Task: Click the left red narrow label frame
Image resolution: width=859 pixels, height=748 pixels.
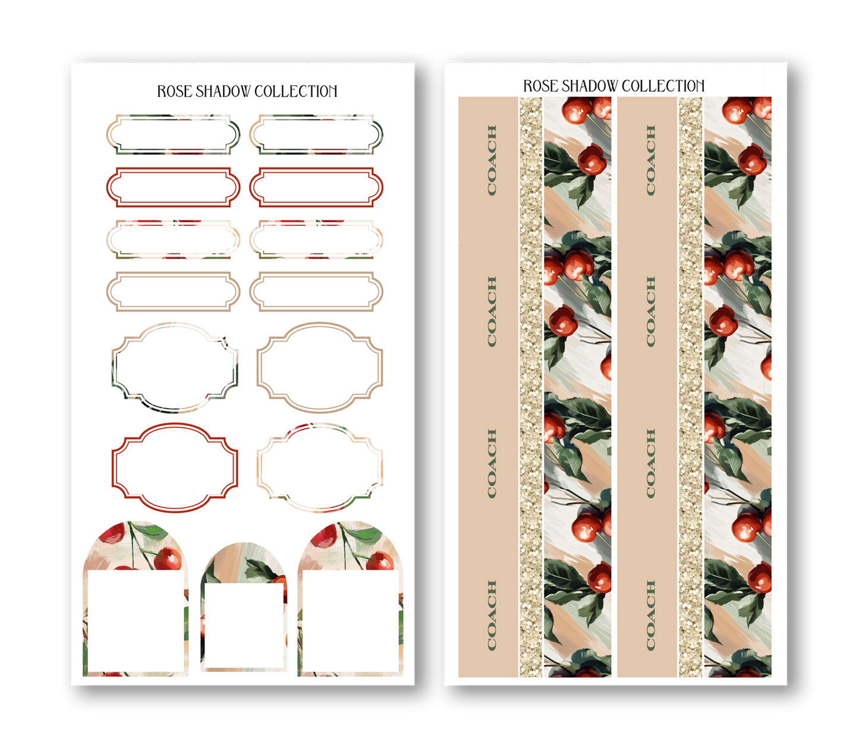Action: pos(173,187)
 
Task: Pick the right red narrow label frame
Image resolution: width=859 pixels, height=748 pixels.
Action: pos(316,187)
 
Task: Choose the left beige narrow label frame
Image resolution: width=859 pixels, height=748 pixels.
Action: pos(173,292)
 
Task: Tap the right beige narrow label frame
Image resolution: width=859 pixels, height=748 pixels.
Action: pos(316,292)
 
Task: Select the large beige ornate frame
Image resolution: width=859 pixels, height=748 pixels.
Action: pos(320,367)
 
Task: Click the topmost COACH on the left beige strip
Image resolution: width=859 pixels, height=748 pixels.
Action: pos(492,160)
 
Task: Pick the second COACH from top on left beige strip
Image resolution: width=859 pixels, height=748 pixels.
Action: pos(492,312)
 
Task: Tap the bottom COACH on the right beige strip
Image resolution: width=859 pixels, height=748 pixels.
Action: pos(650,615)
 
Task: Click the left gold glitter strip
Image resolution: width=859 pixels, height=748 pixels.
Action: pos(531,386)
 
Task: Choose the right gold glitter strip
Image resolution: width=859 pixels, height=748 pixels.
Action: pos(690,386)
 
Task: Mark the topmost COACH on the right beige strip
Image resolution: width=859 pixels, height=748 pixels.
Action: pos(650,160)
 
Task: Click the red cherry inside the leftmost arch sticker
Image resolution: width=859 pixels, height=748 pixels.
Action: pos(168,559)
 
